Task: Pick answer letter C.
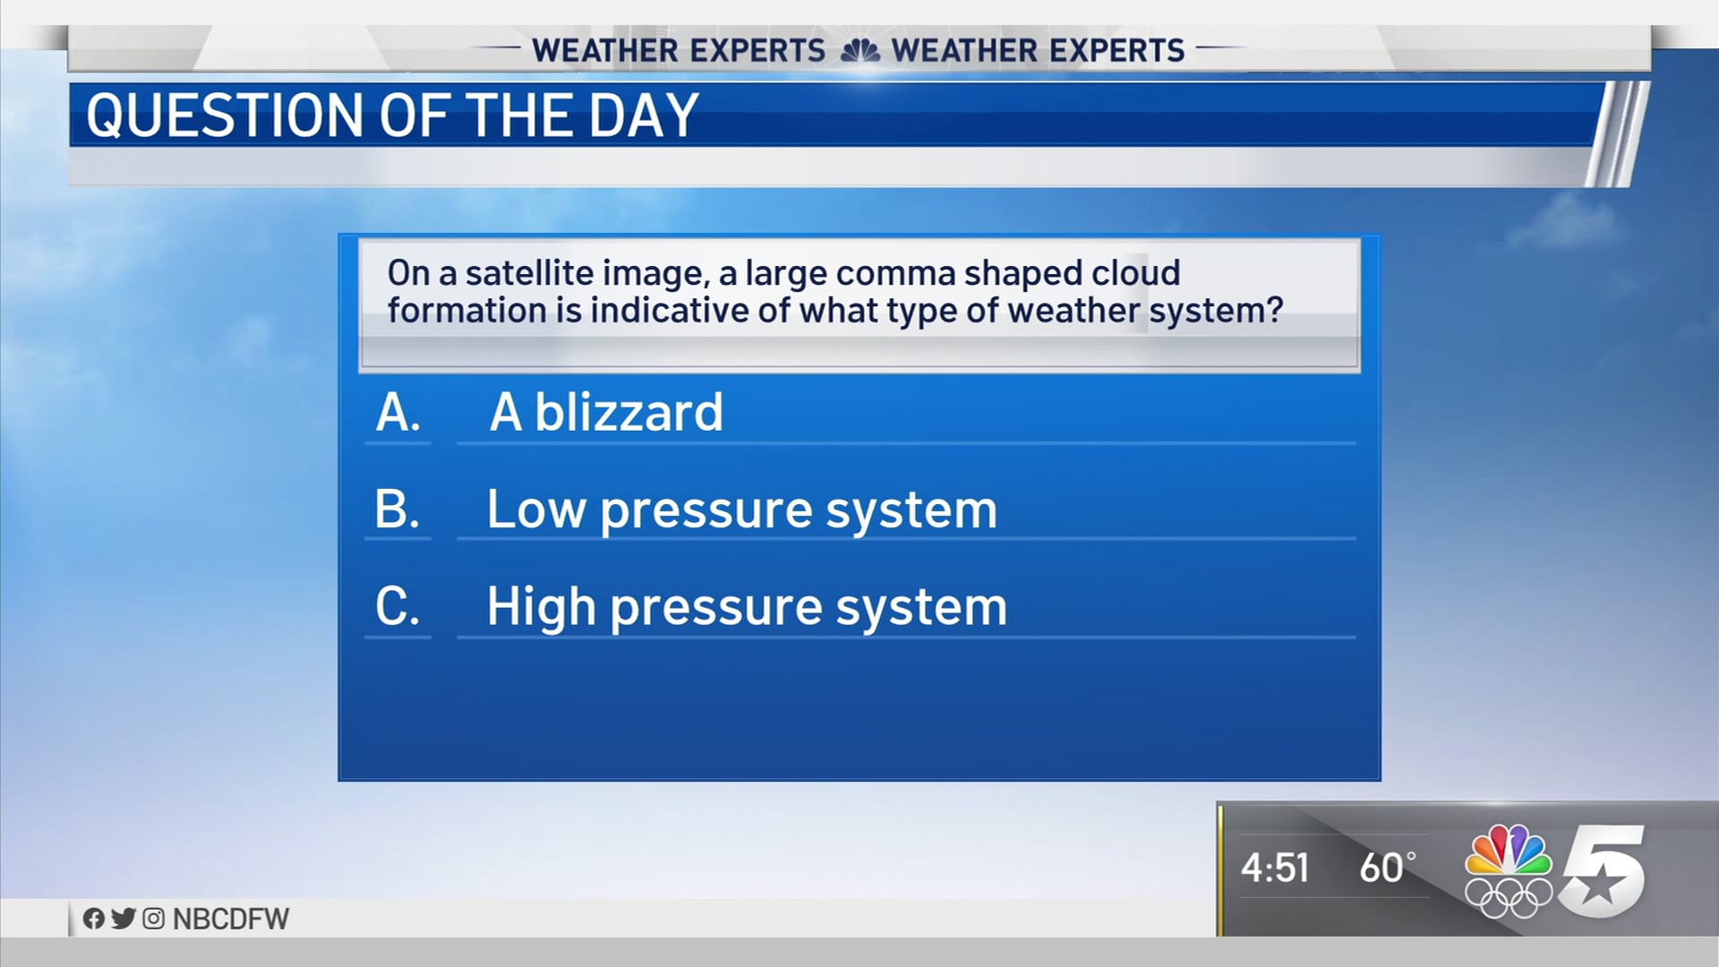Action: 398,606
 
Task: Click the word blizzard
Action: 629,412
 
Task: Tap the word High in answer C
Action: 542,608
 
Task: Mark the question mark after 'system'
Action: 1275,310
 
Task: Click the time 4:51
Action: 1275,868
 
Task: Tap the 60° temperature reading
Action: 1388,868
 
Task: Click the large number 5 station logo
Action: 1603,871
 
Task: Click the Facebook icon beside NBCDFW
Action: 93,919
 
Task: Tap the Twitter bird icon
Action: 124,919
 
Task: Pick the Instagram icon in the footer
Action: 154,919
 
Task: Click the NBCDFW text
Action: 231,919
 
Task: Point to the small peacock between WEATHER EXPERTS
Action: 860,51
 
